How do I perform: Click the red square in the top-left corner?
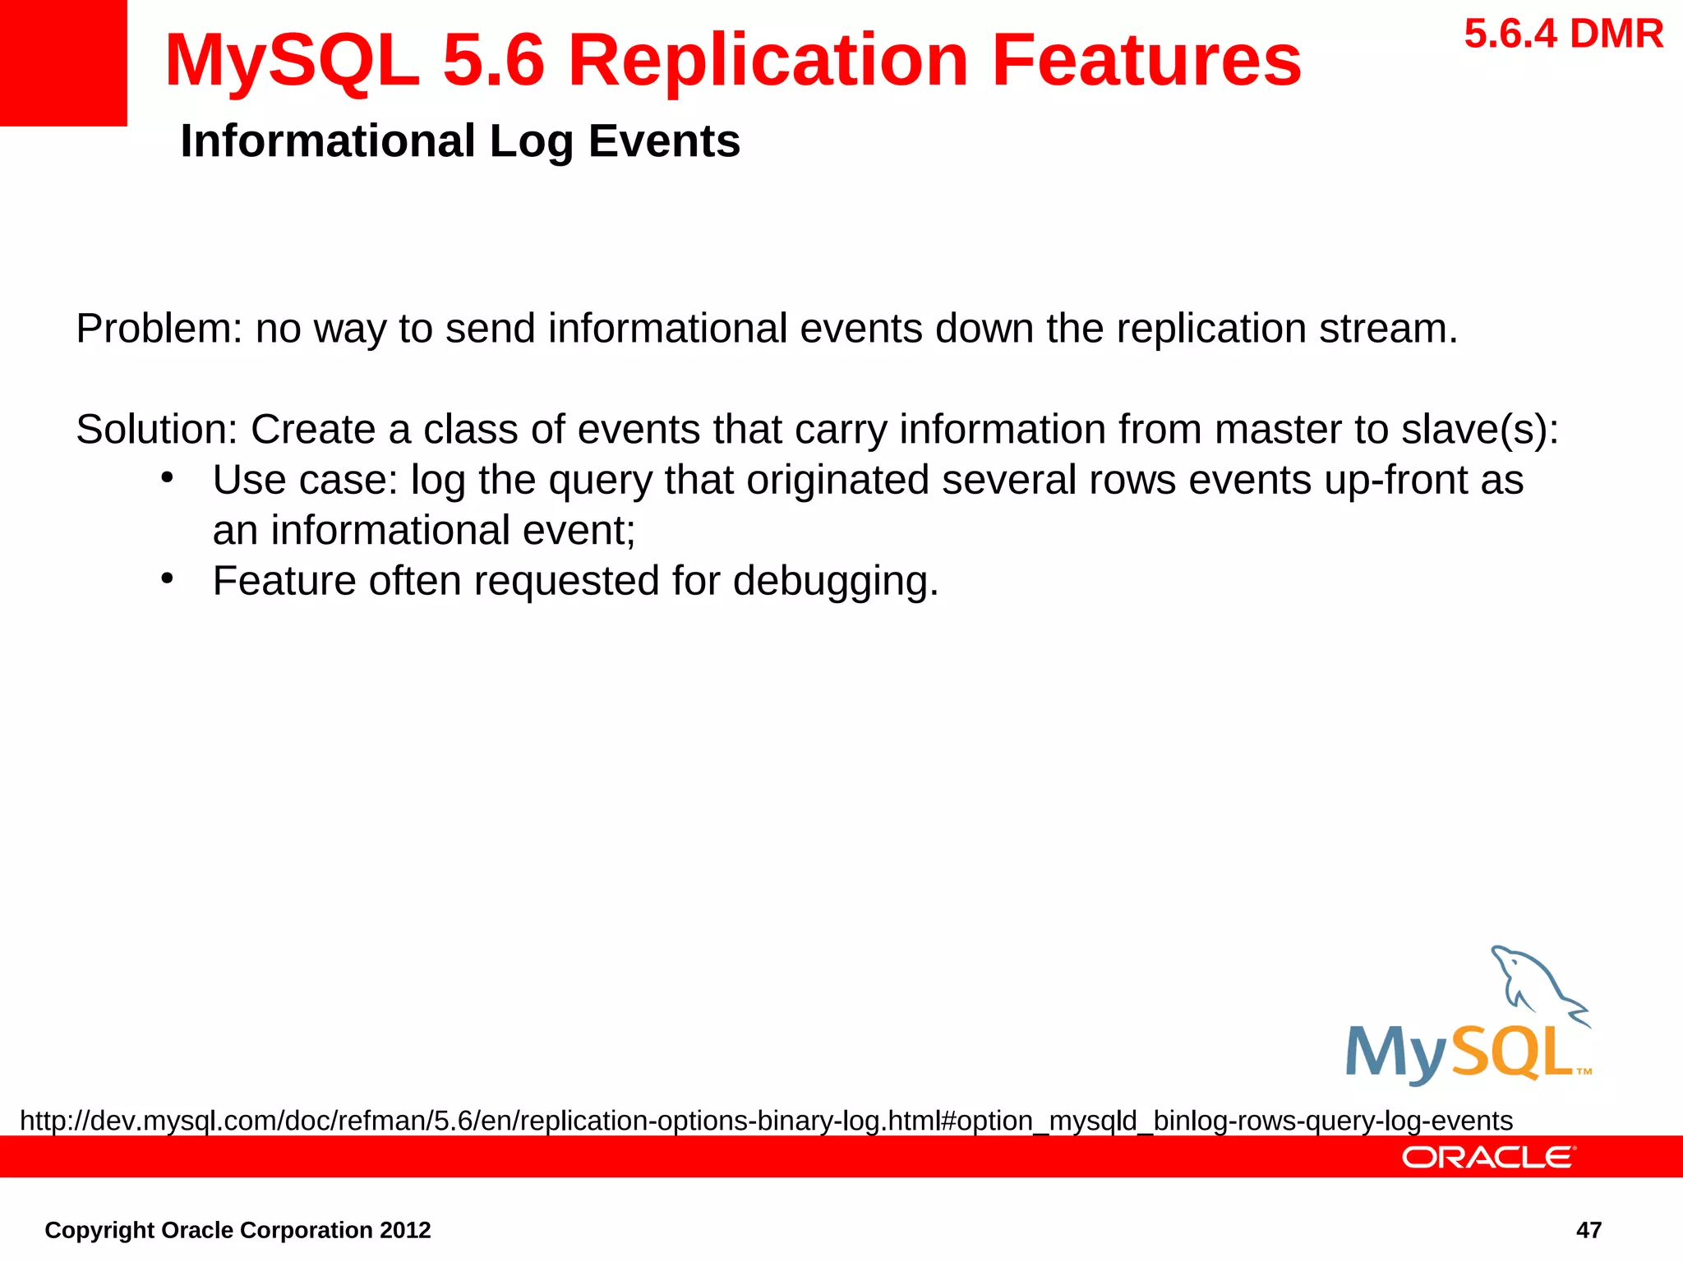(62, 62)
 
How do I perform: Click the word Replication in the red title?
(768, 61)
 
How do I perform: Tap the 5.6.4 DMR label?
(1563, 35)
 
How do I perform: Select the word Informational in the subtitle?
(327, 141)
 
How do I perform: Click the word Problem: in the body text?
(159, 329)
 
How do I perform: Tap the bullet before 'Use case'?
(168, 478)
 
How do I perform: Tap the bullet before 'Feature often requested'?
(168, 579)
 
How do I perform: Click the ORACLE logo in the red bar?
(1487, 1158)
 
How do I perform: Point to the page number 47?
(1588, 1230)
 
